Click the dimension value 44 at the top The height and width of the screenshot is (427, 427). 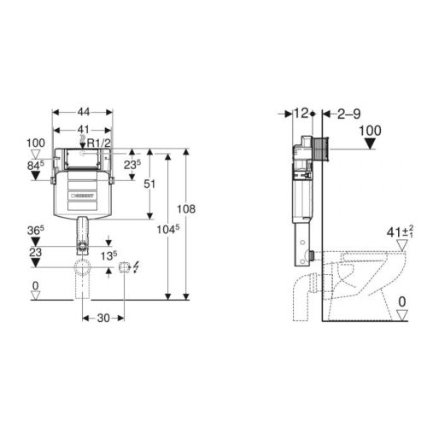pyautogui.click(x=85, y=111)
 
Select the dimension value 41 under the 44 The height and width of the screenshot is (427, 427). pyautogui.click(x=84, y=129)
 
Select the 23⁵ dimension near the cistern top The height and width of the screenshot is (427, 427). pyautogui.click(x=131, y=164)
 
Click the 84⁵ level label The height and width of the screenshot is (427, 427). pyautogui.click(x=35, y=165)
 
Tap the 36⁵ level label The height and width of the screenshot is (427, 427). pyautogui.click(x=34, y=229)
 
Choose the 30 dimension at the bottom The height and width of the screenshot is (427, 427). pyautogui.click(x=103, y=319)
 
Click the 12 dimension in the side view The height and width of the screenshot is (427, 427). pyautogui.click(x=300, y=112)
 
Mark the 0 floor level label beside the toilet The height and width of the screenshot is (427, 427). pyautogui.click(x=401, y=300)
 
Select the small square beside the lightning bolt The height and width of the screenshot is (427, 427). pyautogui.click(x=126, y=266)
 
